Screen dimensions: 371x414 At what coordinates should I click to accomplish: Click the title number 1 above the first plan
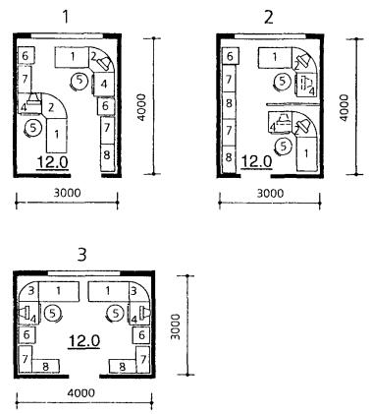[66, 17]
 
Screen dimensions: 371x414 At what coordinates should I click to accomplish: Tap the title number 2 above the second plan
[268, 17]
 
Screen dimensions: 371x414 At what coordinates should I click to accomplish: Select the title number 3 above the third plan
[81, 255]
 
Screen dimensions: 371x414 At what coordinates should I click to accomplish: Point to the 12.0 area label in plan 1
[53, 162]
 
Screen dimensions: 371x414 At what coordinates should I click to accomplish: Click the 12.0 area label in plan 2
[256, 161]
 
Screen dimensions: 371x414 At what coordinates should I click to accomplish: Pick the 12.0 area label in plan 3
[83, 341]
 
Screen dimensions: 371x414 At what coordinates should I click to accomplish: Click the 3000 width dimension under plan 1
[67, 193]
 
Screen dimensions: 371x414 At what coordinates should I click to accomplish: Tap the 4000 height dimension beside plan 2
[344, 107]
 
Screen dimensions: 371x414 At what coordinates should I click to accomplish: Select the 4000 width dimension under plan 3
[80, 392]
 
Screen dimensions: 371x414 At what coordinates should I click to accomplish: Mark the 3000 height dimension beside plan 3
[176, 326]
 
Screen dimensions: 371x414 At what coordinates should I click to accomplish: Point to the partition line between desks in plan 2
[292, 104]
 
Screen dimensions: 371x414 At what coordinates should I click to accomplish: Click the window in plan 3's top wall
[83, 273]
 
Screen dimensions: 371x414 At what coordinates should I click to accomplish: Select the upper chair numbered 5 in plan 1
[79, 81]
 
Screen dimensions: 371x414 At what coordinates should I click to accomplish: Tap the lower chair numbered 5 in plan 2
[284, 146]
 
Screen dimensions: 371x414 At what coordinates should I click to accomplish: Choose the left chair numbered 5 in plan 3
[53, 314]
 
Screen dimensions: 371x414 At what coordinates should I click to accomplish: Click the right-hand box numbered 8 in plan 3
[123, 366]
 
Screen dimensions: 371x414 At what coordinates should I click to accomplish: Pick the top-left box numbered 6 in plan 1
[26, 56]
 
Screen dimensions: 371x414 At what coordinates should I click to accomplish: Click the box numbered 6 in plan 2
[231, 56]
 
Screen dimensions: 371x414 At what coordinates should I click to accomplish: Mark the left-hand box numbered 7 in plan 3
[26, 359]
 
